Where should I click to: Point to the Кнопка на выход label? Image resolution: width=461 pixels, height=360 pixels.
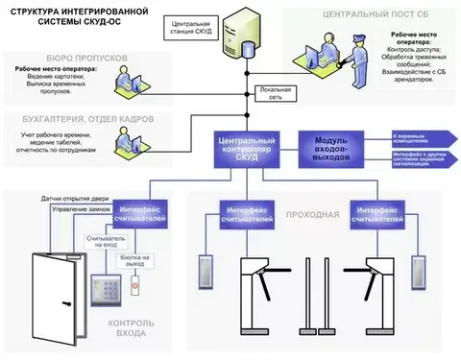click(135, 260)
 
